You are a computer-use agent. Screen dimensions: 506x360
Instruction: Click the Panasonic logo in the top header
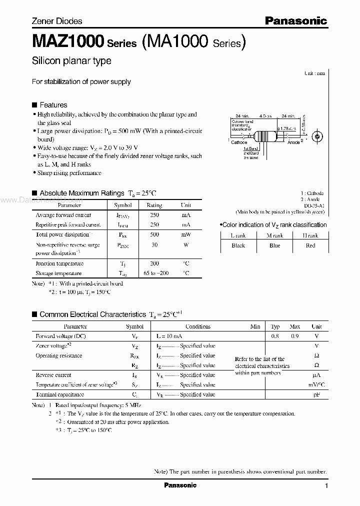point(295,20)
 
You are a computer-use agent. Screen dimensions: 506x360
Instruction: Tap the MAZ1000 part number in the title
point(68,41)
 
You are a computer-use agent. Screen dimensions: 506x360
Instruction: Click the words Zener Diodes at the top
point(56,21)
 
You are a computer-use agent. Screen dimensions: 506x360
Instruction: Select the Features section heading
point(53,105)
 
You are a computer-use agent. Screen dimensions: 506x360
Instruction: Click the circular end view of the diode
point(316,136)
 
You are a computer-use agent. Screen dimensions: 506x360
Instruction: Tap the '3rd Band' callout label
point(251,158)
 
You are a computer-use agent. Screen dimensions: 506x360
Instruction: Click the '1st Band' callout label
point(251,148)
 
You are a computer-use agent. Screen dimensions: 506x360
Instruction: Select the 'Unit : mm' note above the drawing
point(314,73)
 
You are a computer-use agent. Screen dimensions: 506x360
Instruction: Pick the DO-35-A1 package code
point(313,205)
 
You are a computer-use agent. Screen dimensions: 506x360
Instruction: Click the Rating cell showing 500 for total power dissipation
point(154,234)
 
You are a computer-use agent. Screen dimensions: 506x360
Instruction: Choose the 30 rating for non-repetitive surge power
point(154,245)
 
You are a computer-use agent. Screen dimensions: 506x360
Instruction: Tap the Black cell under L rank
point(238,245)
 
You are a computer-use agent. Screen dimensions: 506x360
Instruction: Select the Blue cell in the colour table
point(274,245)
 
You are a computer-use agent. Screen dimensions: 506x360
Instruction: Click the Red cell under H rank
point(310,245)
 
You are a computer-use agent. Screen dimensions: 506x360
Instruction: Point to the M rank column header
point(274,235)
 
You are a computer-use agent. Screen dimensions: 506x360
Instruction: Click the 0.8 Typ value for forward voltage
point(275,336)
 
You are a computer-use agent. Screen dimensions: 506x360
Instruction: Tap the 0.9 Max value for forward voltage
point(294,336)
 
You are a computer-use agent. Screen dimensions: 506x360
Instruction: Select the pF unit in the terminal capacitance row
point(316,394)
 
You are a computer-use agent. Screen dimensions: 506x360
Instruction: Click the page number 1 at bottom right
point(326,486)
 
